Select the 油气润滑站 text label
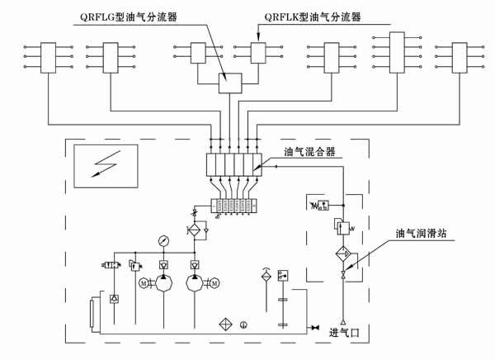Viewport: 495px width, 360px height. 422,234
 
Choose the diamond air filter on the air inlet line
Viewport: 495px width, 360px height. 343,253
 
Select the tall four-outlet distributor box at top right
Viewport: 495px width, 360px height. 397,54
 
